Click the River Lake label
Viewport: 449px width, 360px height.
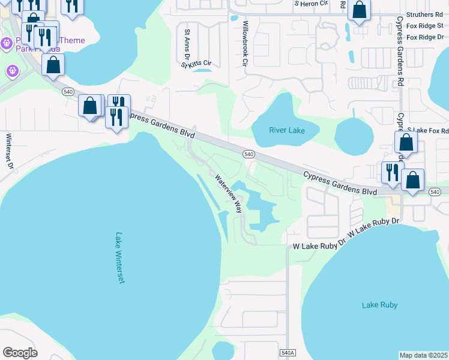coord(286,130)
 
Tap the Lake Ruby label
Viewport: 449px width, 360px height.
coord(379,305)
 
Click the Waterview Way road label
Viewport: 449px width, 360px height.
coord(229,193)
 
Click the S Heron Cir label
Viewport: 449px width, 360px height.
coord(311,3)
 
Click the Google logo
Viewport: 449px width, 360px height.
coord(20,353)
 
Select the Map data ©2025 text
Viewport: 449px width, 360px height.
coord(423,355)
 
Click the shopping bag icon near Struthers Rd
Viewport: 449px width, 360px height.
coord(360,11)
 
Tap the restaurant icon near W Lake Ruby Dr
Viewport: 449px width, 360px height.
coord(393,172)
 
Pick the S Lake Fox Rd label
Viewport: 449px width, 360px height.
coord(427,130)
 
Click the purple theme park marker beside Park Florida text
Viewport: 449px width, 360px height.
coord(7,43)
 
